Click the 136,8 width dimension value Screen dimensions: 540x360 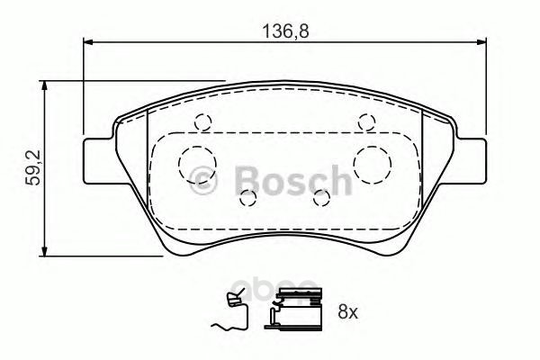[x=286, y=31]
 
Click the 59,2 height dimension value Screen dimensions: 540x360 [x=34, y=167]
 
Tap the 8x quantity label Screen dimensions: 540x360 [x=347, y=312]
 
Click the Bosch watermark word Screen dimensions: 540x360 [x=293, y=181]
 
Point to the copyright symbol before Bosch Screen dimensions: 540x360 [x=204, y=181]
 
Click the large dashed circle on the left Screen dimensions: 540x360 [x=197, y=165]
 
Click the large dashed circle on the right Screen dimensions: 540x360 [x=373, y=165]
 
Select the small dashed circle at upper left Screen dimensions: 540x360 [x=202, y=122]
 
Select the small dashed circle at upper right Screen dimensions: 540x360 [x=366, y=122]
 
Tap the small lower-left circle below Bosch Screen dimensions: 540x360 [x=248, y=198]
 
